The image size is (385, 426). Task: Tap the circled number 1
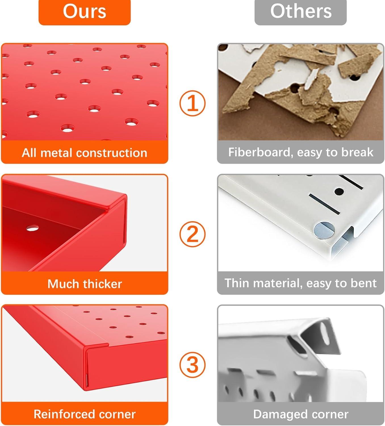(x=192, y=103)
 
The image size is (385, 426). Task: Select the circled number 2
(x=192, y=234)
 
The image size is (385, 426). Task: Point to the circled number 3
(x=192, y=365)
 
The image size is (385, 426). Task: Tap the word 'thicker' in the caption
(x=102, y=284)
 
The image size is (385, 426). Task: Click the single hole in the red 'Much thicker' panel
(x=32, y=228)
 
